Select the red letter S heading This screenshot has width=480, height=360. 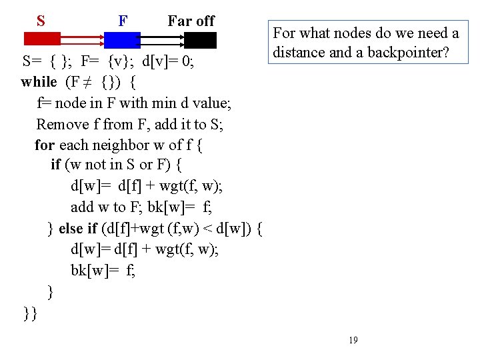(x=41, y=21)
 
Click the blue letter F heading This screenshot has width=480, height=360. (x=123, y=21)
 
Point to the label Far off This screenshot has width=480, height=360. (x=191, y=21)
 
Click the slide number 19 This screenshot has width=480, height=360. (x=353, y=340)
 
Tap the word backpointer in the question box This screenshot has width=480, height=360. (x=408, y=52)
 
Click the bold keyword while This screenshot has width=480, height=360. (x=39, y=82)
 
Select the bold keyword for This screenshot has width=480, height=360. (x=45, y=145)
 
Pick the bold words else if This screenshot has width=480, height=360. (x=78, y=229)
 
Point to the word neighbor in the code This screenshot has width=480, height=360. (x=112, y=145)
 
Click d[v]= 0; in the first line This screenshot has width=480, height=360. (x=173, y=62)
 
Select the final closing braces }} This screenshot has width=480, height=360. (x=29, y=312)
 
